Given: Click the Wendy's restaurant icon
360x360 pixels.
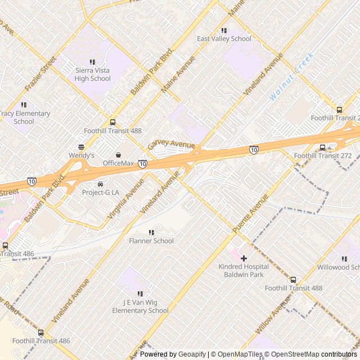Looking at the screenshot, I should click(x=82, y=147).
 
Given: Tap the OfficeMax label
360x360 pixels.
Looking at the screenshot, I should click(x=118, y=163).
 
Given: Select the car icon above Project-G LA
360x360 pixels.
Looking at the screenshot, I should click(x=101, y=184).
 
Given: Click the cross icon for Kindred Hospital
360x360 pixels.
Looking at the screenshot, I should click(x=244, y=258).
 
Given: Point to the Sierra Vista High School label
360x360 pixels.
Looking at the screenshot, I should click(x=93, y=74).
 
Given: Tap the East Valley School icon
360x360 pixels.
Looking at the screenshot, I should click(x=224, y=30).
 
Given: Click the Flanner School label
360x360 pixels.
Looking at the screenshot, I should click(x=151, y=241).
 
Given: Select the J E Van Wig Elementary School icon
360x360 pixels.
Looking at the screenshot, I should click(x=140, y=294).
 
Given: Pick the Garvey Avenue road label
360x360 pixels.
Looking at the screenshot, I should click(x=171, y=145).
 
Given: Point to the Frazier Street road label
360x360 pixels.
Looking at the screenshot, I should click(x=41, y=74).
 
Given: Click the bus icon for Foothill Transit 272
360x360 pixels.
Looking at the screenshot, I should click(x=322, y=148).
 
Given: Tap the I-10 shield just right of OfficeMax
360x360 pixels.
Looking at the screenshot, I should click(x=143, y=164).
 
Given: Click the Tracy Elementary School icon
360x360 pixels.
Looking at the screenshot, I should click(x=24, y=105).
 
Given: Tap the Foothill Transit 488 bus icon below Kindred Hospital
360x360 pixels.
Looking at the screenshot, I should click(x=293, y=280).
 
